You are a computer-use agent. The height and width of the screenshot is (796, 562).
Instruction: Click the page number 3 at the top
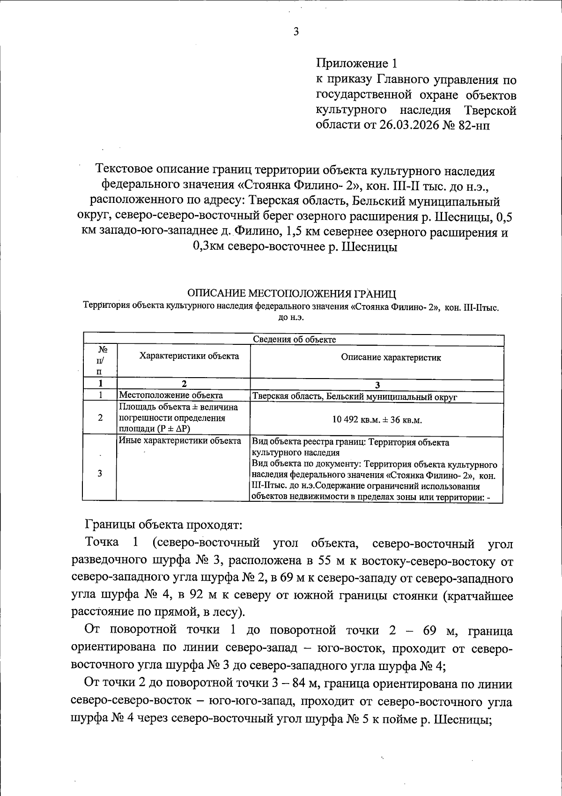pyautogui.click(x=296, y=32)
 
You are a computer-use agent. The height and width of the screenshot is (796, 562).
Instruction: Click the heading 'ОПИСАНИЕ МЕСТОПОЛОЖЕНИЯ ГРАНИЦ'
pyautogui.click(x=291, y=294)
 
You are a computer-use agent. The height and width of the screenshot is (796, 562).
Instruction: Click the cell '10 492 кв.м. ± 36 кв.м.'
pyautogui.click(x=377, y=420)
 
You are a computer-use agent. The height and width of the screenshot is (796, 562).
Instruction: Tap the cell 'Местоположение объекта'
pyautogui.click(x=164, y=396)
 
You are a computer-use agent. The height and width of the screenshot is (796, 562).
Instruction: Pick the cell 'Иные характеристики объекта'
pyautogui.click(x=180, y=441)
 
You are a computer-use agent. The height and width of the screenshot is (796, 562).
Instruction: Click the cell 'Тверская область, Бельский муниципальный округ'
pyautogui.click(x=355, y=397)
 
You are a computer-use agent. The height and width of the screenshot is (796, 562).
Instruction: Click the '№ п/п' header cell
pyautogui.click(x=99, y=361)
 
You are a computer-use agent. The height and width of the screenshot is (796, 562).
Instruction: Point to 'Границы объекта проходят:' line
pyautogui.click(x=163, y=524)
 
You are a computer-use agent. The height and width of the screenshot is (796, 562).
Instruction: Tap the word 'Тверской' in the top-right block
pyautogui.click(x=490, y=111)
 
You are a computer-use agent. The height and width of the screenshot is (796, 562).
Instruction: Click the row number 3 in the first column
pyautogui.click(x=99, y=473)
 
